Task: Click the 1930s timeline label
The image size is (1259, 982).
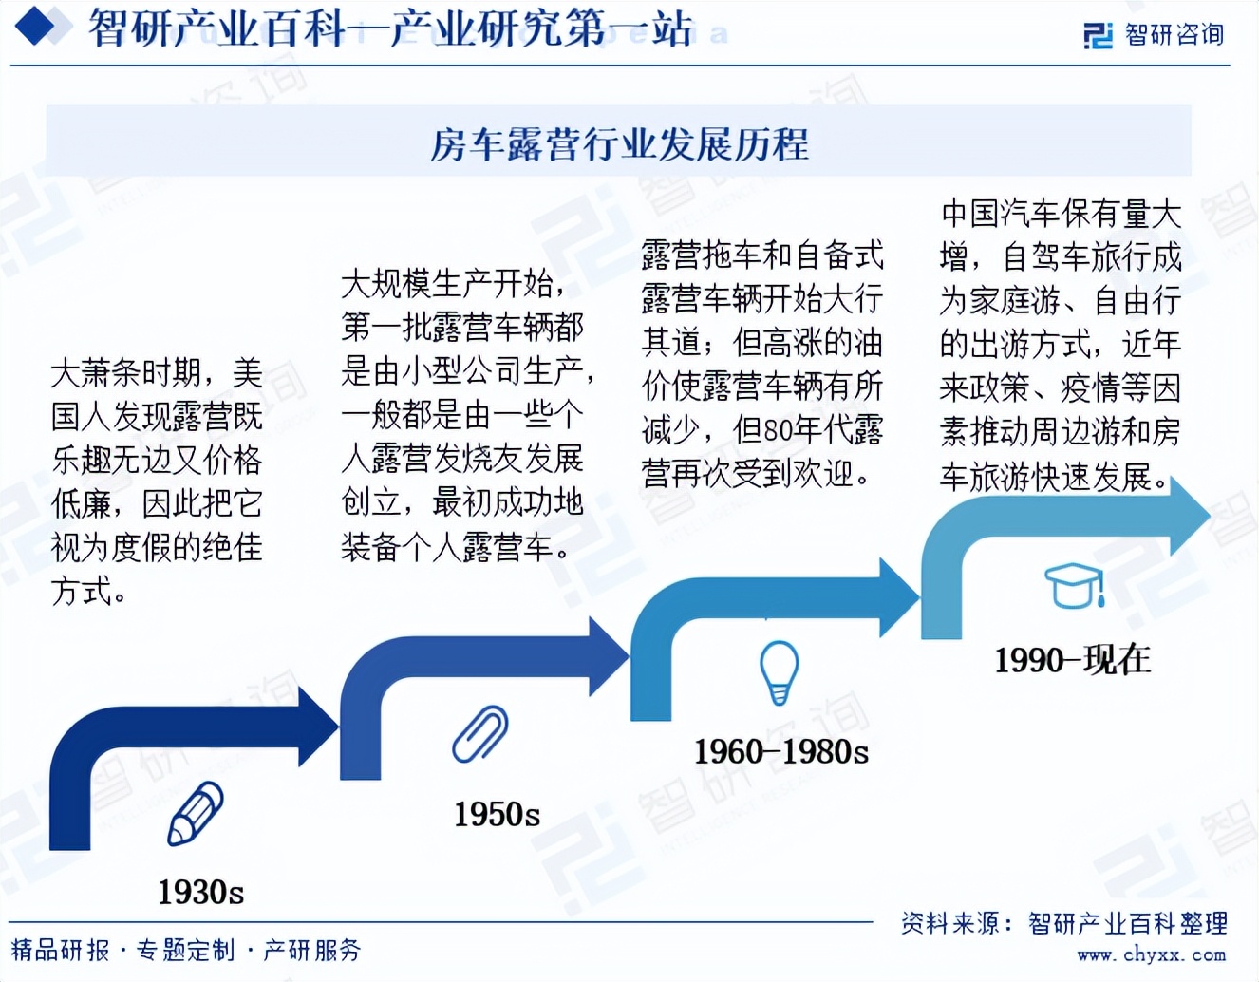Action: coord(200,892)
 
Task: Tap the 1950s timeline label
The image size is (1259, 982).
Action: coord(497,814)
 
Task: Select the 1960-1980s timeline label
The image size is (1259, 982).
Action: coord(780,751)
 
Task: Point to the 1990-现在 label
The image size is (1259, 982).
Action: coord(1072,659)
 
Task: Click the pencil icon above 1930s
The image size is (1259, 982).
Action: coord(195,814)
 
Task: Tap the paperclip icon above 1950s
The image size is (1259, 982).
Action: coord(480,733)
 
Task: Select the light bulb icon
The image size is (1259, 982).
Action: coord(779,671)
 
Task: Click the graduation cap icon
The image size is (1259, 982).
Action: coord(1074,585)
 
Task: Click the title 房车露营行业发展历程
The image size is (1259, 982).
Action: coord(619,144)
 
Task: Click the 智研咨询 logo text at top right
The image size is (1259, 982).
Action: coord(1174,35)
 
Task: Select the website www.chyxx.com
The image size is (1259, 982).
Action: coord(1151,954)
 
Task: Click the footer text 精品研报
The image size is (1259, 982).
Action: coord(60,950)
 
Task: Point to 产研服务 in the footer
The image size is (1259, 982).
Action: coord(312,950)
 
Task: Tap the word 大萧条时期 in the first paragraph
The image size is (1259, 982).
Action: coord(125,372)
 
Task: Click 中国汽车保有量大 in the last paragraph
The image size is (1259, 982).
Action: coord(1061,214)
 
